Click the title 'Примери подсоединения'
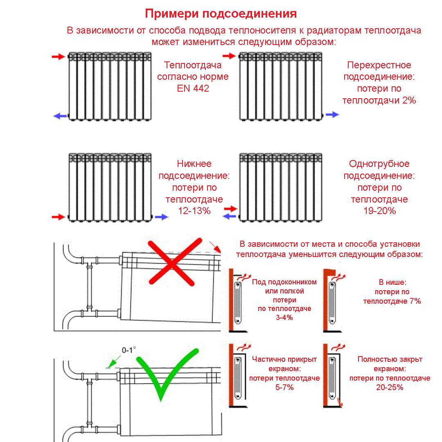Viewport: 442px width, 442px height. (221, 14)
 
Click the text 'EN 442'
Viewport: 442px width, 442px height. (193, 88)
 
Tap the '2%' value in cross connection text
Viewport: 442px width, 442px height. (409, 100)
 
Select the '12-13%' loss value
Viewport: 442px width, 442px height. (194, 211)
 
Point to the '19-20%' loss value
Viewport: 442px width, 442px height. (379, 211)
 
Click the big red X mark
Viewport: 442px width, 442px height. (171, 262)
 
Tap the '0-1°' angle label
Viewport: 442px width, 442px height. (129, 350)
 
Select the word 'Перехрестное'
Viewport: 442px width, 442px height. (379, 65)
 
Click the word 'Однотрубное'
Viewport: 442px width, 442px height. (379, 164)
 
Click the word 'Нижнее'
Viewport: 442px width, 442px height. (194, 164)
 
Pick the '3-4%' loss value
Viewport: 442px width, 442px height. (284, 317)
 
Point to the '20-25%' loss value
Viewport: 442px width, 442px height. (390, 387)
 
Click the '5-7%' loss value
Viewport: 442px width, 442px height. (284, 387)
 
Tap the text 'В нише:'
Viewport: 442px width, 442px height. (392, 282)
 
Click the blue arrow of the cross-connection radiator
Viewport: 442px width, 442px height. (332, 115)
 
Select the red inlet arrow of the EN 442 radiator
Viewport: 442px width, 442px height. (58, 57)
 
